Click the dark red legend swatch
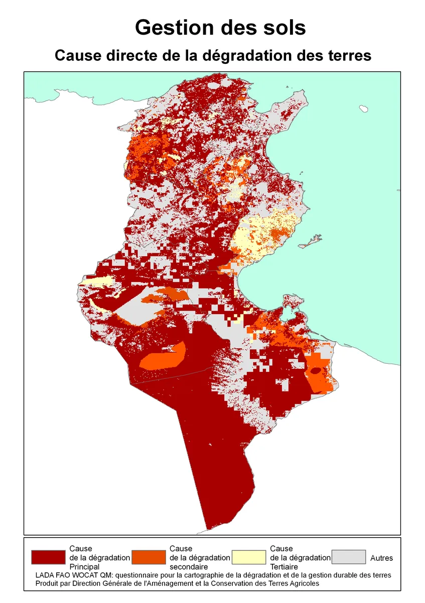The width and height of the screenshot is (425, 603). (48, 557)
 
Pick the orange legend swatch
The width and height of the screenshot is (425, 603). (148, 557)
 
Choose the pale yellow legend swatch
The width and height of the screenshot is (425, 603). (248, 557)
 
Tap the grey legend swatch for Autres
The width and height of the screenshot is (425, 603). (349, 557)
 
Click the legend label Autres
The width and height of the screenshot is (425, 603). (381, 558)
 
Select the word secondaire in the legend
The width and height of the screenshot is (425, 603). (187, 566)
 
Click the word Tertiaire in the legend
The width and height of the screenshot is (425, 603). (284, 566)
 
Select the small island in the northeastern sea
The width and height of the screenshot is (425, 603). (364, 108)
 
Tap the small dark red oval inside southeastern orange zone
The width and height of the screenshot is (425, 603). (316, 371)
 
